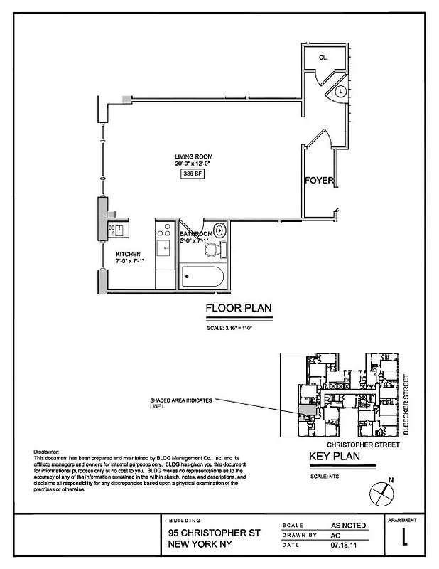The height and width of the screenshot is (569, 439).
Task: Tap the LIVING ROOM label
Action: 194,156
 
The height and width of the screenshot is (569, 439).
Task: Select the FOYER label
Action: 319,181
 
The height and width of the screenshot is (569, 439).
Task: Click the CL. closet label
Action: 322,58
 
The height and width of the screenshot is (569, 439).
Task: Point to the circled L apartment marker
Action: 340,91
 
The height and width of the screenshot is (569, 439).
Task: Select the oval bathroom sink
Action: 220,230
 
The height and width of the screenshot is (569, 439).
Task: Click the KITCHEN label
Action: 129,254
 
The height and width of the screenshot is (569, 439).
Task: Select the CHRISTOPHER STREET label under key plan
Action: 357,445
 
